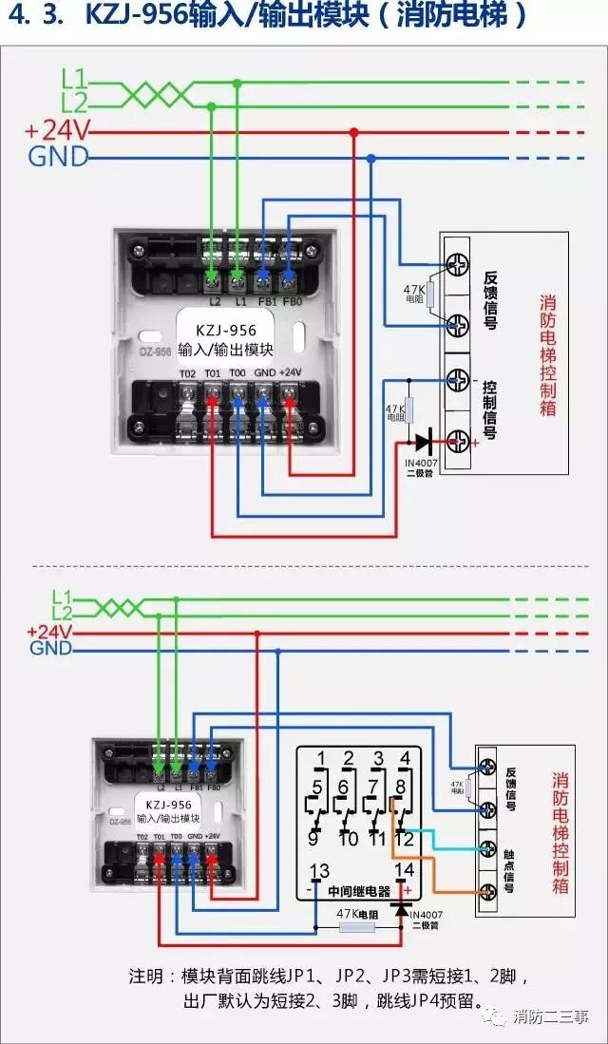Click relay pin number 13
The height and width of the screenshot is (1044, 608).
pyautogui.click(x=320, y=870)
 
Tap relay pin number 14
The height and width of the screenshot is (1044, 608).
pyautogui.click(x=404, y=870)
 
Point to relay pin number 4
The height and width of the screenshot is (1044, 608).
pyautogui.click(x=406, y=758)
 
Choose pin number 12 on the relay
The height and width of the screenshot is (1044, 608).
pyautogui.click(x=405, y=838)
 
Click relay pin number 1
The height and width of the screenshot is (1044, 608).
pyautogui.click(x=320, y=758)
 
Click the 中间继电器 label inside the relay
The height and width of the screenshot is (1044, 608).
pyautogui.click(x=359, y=892)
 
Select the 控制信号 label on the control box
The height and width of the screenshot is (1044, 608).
pyautogui.click(x=489, y=409)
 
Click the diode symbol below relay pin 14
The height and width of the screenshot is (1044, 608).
pyautogui.click(x=401, y=909)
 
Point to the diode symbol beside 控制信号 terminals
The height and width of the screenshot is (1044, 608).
pyautogui.click(x=424, y=441)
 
